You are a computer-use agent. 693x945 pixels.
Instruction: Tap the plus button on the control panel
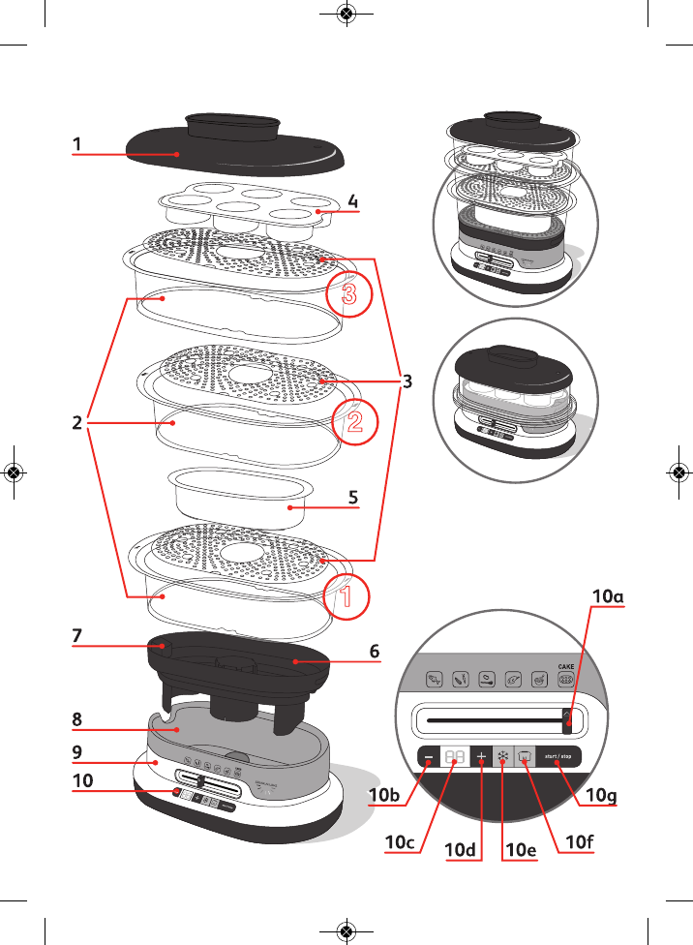point(481,757)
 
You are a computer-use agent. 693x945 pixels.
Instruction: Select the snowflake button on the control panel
point(503,757)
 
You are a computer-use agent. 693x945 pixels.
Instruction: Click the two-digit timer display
point(454,757)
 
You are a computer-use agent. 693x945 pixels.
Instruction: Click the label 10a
point(608,597)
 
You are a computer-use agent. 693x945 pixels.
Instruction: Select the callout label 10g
point(602,795)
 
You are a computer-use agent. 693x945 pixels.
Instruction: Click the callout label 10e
point(520,849)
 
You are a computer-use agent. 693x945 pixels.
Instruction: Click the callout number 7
point(76,635)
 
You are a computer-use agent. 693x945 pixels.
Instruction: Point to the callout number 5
point(353,497)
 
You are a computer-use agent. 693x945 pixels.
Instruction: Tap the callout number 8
point(76,719)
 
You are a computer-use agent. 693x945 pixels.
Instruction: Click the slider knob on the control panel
point(568,719)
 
